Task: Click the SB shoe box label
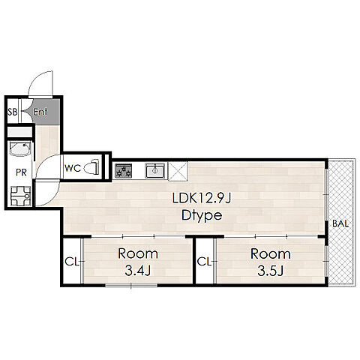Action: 13,112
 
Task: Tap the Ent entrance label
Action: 40,112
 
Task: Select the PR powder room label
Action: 21,172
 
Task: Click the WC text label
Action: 73,168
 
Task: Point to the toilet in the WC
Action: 91,167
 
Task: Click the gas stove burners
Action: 123,170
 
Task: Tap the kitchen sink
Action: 155,170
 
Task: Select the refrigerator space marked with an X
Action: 178,171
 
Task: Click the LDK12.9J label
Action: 202,199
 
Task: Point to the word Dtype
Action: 202,215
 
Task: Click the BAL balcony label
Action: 340,223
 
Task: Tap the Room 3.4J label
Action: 138,262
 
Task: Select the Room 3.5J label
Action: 271,262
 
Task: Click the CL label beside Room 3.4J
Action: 72,262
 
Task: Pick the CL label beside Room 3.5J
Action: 204,262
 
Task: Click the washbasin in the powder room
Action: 20,149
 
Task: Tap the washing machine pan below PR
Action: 20,196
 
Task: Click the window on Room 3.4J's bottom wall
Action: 131,285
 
